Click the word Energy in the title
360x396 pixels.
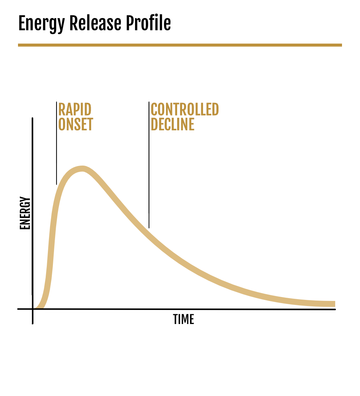[41, 24]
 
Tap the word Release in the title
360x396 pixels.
[95, 23]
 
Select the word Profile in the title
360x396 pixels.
[148, 23]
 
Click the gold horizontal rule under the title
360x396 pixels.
[180, 45]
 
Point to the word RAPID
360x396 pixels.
[75, 109]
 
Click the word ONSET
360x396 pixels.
[76, 124]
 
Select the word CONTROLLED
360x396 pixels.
[185, 109]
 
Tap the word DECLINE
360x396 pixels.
[172, 124]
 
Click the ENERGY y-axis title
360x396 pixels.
[25, 213]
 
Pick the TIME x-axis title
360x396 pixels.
[184, 319]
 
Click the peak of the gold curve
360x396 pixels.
[82, 168]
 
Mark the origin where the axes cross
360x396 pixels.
[33, 309]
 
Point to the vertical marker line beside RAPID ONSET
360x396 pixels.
[56, 143]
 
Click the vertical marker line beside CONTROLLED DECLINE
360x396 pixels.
[149, 165]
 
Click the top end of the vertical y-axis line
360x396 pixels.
[32, 118]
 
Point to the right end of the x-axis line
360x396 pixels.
[335, 309]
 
